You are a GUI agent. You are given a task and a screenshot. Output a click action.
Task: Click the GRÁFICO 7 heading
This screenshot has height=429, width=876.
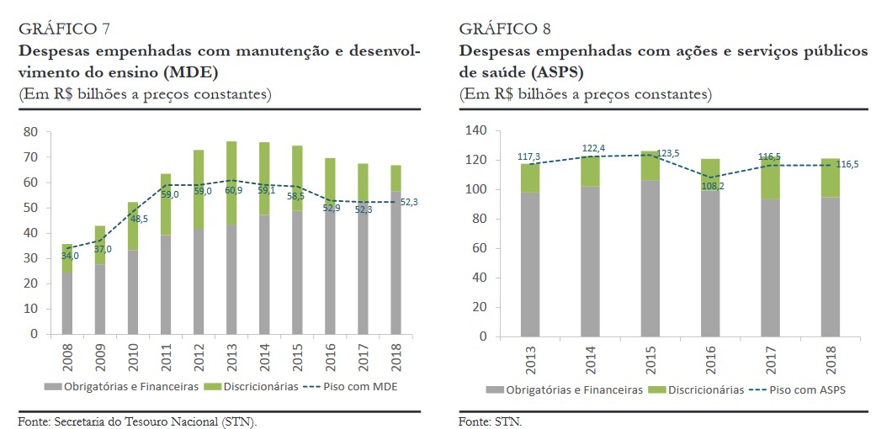[64, 29]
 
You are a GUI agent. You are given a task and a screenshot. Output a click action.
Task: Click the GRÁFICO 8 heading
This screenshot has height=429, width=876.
[505, 29]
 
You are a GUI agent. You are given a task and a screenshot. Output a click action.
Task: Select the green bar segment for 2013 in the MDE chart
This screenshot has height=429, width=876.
[231, 182]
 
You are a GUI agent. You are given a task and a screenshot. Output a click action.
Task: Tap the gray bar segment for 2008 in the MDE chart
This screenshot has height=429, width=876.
[67, 303]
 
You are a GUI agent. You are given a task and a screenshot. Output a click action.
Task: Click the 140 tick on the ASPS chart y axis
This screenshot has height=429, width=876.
[476, 130]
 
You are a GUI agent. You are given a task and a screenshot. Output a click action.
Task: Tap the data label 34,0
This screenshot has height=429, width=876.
[70, 256]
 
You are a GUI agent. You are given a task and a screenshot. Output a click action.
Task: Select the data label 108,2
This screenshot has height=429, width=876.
[712, 187]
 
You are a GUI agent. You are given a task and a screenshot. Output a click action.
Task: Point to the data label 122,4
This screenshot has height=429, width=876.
[595, 148]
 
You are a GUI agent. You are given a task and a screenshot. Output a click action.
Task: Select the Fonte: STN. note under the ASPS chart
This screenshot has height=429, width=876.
[491, 421]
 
